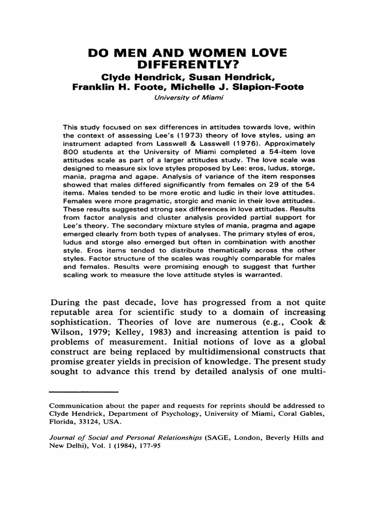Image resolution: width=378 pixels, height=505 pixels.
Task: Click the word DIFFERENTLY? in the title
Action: click(x=189, y=65)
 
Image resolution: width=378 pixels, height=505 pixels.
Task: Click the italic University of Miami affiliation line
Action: click(x=189, y=97)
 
